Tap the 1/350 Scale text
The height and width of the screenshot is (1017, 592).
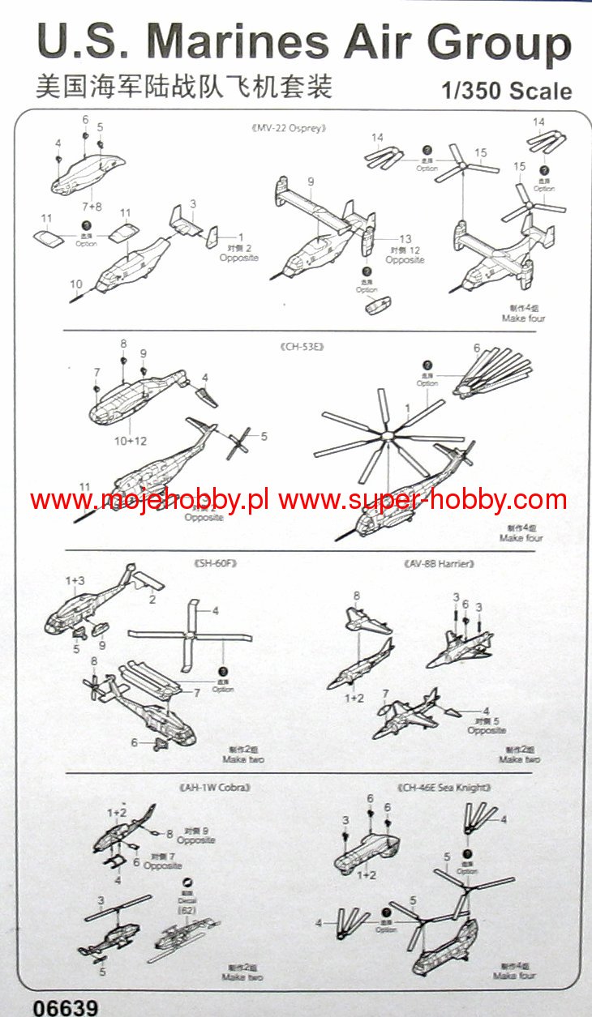point(507,91)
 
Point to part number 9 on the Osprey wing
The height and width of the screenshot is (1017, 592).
point(311,182)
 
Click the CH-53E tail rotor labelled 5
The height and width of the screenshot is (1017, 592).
point(240,442)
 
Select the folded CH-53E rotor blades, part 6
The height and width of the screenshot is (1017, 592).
point(495,373)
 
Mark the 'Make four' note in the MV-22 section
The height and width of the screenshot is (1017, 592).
point(522,318)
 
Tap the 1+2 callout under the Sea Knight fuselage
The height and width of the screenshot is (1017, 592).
point(367,875)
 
